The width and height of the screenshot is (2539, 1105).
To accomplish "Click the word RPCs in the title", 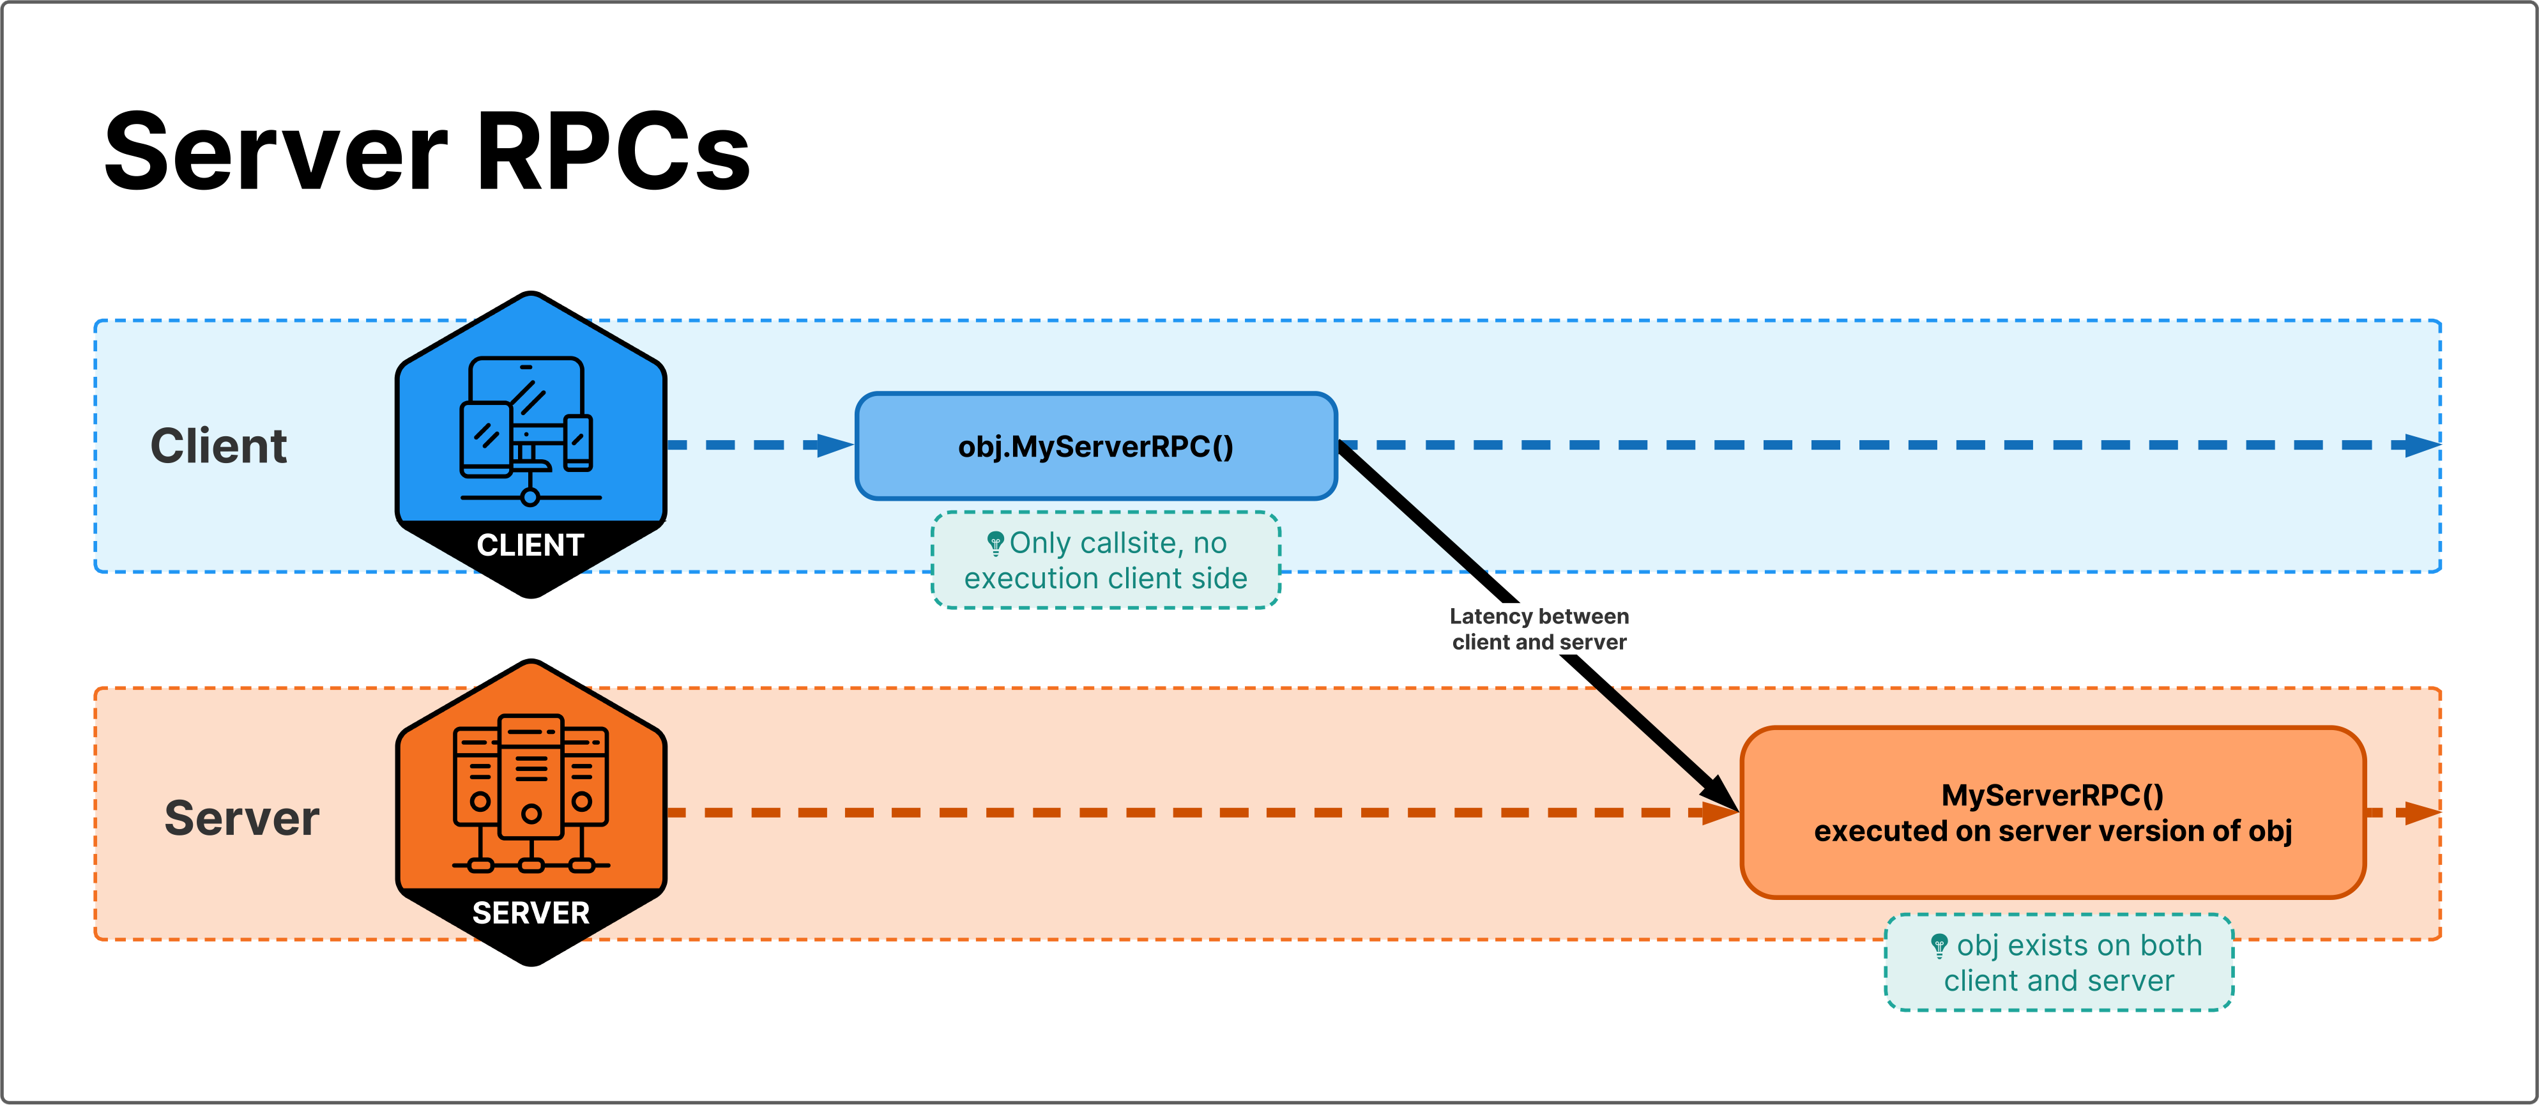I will click(613, 153).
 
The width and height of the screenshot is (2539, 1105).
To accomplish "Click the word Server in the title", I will click(276, 153).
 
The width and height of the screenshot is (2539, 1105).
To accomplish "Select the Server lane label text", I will click(241, 818).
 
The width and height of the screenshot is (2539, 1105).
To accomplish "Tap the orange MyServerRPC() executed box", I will click(2052, 813).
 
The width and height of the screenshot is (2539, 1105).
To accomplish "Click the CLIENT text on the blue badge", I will click(530, 545).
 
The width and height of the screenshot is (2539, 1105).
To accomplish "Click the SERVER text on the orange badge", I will click(530, 913).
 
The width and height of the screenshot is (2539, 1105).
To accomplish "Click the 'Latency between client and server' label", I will click(1539, 629).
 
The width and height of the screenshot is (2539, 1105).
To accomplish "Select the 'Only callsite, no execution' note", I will click(1105, 560).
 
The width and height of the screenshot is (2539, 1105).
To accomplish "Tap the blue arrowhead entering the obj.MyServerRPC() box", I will click(834, 446).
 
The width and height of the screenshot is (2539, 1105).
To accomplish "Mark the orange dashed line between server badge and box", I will click(1183, 813).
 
